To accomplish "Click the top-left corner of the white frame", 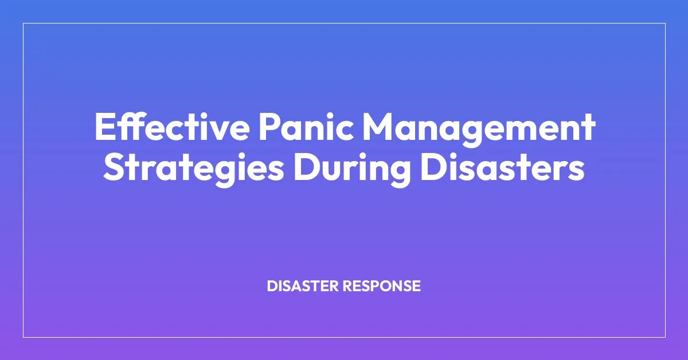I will click(x=24, y=24).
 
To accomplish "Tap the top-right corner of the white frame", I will click(x=665, y=24).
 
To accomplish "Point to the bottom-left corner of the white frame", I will click(x=24, y=336).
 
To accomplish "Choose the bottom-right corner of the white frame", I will click(x=665, y=336).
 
